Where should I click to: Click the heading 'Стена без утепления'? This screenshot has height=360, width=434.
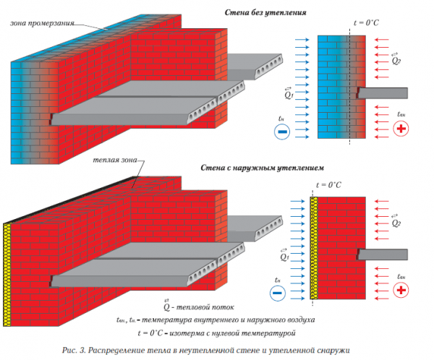tap(265, 12)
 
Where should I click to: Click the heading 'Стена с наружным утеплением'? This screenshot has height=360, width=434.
tap(262, 168)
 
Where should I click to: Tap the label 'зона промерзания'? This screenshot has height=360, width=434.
tap(43, 23)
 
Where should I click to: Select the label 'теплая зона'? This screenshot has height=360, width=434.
tap(115, 160)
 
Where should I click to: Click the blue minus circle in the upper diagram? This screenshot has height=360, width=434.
tap(282, 132)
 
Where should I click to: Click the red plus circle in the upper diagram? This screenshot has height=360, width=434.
tap(401, 129)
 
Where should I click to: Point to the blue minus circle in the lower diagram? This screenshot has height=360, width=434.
tap(278, 293)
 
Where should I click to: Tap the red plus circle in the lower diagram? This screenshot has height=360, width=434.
tap(401, 290)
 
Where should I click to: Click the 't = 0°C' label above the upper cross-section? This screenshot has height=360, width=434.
tap(366, 22)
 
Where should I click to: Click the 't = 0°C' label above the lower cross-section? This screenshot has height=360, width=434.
tap(328, 184)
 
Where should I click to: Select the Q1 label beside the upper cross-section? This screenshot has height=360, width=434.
tap(289, 93)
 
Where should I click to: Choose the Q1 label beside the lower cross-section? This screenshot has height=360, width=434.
tap(284, 255)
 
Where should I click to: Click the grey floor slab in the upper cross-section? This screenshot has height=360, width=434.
tap(382, 93)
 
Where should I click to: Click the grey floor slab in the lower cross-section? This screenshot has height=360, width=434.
tap(382, 254)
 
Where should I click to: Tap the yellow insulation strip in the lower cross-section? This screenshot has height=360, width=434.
tap(314, 248)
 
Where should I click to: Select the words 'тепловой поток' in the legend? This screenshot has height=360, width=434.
tap(205, 307)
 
